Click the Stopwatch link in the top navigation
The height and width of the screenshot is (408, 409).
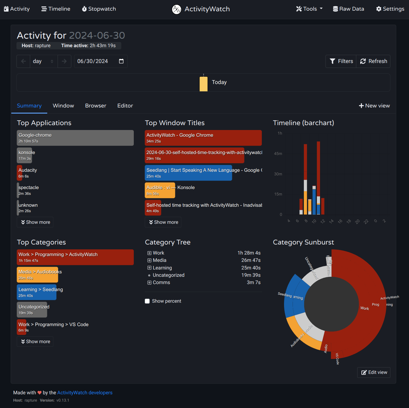click(99, 9)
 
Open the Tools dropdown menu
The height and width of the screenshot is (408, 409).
click(309, 9)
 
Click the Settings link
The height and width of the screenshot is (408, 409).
click(390, 9)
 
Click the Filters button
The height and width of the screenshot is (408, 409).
click(341, 61)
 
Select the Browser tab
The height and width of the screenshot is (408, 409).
click(95, 106)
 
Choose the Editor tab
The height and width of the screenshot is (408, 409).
click(125, 106)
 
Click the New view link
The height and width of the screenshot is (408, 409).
click(374, 106)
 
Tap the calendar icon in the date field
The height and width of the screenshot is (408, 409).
click(121, 61)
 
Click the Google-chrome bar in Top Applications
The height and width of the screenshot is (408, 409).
click(75, 138)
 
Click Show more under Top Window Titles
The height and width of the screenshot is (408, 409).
click(163, 222)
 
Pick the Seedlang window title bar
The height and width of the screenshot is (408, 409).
click(188, 173)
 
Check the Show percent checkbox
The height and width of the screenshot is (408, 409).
click(147, 301)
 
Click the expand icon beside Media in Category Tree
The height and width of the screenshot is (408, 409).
click(149, 260)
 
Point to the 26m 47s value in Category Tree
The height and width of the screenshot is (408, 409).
click(251, 260)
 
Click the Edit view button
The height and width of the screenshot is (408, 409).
click(374, 372)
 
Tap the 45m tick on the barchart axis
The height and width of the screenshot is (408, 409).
click(278, 154)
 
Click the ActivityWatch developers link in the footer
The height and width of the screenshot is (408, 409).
click(85, 393)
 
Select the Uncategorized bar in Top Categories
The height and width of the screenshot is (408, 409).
click(32, 310)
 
